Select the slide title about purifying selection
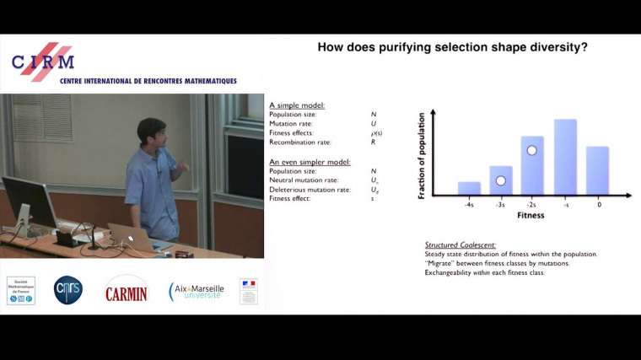(x=452, y=47)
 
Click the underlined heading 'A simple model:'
(x=297, y=105)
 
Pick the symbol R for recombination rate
(x=373, y=142)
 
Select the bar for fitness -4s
(x=469, y=188)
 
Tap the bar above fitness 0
(x=597, y=170)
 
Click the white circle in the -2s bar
(x=531, y=151)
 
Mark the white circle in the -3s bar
(x=500, y=180)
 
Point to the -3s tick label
(x=500, y=204)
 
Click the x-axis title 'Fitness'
(x=531, y=216)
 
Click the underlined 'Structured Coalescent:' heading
(x=461, y=244)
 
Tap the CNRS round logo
(x=68, y=290)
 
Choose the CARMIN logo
(x=126, y=292)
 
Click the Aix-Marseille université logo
(x=196, y=291)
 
